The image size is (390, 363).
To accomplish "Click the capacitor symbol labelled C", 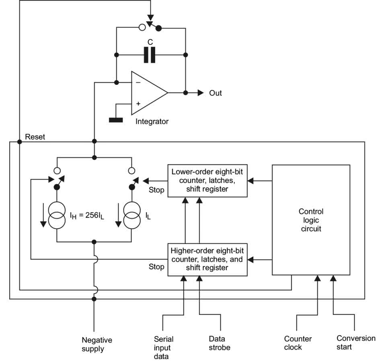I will coord(150,55).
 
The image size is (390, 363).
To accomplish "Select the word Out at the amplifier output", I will coord(215,93).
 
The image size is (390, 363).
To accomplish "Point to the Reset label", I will coord(35,137).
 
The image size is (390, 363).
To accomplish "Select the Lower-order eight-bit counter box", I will coord(207,180).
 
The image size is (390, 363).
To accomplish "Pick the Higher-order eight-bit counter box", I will coord(207,259).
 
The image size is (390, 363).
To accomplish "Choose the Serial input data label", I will coord(164,347).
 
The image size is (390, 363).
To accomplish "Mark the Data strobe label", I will coord(220,343).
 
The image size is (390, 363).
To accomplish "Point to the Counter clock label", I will coord(298,343).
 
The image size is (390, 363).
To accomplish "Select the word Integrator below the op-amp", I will coord(152,121).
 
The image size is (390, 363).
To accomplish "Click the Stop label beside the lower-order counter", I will coord(156,190).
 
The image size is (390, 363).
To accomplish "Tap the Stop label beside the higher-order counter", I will coord(156,267).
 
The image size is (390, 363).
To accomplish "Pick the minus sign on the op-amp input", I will coord(138,82).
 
